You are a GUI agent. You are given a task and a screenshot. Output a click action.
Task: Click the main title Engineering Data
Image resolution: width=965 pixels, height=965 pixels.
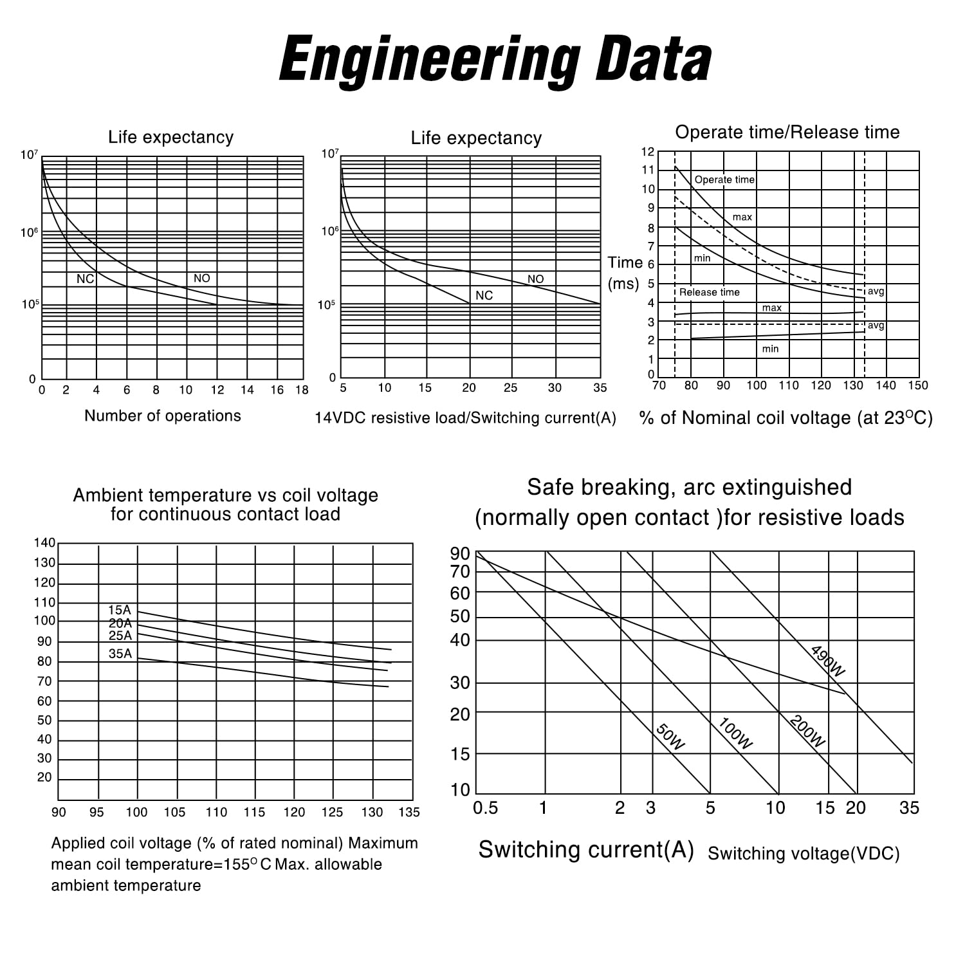[x=495, y=60]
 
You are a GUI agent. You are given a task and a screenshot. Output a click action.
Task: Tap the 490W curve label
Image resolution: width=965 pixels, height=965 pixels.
[x=827, y=661]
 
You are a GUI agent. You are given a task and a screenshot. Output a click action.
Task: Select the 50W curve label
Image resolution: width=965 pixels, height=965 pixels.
[x=670, y=737]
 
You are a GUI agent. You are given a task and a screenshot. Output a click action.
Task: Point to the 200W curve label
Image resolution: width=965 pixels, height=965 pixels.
[x=807, y=731]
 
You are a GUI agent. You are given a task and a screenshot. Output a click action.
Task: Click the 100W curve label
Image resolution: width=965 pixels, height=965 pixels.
[x=735, y=734]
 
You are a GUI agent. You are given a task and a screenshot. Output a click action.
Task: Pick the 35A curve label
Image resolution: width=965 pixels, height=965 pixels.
[x=120, y=654]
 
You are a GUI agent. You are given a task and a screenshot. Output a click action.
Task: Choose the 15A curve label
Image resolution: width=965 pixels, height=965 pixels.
[x=119, y=610]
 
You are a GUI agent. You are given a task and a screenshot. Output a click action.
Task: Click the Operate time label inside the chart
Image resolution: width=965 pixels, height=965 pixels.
[x=724, y=179]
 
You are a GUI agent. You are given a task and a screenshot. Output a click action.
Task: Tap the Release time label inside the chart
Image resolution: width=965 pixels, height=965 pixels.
[x=710, y=292]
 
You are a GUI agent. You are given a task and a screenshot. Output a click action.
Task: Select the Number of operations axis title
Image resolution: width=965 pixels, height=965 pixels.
[x=163, y=416]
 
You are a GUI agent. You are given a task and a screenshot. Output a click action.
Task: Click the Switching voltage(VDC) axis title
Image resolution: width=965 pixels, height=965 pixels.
[x=804, y=854]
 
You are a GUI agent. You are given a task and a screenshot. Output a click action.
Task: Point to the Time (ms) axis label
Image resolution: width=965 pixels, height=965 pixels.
[x=625, y=273]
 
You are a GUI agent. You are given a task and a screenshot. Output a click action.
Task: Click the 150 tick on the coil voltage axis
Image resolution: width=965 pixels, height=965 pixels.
[x=918, y=385]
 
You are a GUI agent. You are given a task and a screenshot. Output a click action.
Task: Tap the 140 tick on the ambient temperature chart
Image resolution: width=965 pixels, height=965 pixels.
[x=44, y=542]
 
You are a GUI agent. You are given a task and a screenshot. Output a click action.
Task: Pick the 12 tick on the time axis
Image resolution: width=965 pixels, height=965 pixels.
[x=648, y=152]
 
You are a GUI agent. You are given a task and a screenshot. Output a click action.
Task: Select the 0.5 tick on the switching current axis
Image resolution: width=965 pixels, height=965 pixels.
[x=485, y=808]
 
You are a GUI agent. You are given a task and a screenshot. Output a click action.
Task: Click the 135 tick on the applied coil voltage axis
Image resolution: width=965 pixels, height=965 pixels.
[x=409, y=812]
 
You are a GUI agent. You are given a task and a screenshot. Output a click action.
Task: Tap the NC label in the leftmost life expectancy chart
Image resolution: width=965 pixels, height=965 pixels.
[x=85, y=279]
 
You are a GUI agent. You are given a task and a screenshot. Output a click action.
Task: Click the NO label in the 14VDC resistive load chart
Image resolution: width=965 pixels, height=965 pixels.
[x=535, y=279]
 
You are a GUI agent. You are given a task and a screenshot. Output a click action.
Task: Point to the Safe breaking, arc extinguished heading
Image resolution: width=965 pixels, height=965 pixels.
[x=689, y=488]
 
